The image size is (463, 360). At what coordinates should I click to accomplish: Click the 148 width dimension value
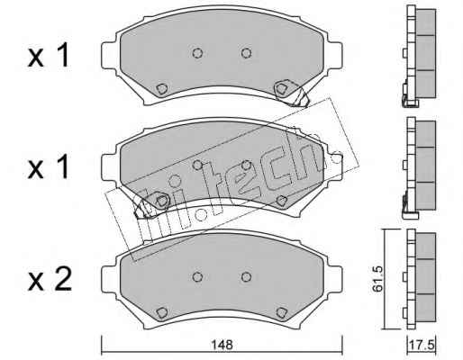(x=222, y=345)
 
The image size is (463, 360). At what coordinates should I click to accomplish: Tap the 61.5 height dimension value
(x=377, y=279)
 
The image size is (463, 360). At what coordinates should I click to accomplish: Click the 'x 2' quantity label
(x=50, y=280)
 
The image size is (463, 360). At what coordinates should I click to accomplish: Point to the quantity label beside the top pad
(x=49, y=55)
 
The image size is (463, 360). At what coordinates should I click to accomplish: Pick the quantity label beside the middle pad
(x=49, y=167)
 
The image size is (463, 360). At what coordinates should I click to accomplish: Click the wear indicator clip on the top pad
(x=291, y=93)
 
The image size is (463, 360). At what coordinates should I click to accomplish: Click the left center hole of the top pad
(x=197, y=53)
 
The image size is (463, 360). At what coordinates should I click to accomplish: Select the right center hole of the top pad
(x=246, y=53)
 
